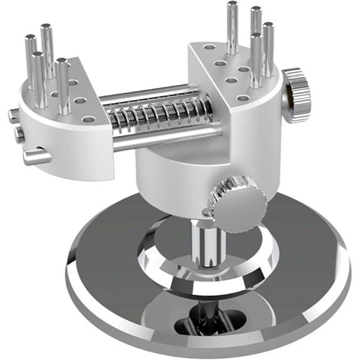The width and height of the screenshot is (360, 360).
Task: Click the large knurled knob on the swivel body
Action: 237,202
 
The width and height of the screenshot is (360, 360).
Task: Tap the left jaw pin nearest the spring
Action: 62,88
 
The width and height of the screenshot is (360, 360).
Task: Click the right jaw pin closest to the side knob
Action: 268,50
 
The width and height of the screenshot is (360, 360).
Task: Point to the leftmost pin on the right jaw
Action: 232,28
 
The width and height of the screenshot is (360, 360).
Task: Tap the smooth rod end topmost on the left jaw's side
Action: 13,115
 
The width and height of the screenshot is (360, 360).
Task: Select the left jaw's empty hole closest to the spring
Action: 88,118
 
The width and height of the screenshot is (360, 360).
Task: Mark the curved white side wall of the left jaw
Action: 69,147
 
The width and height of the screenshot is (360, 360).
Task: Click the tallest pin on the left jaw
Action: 47,50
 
